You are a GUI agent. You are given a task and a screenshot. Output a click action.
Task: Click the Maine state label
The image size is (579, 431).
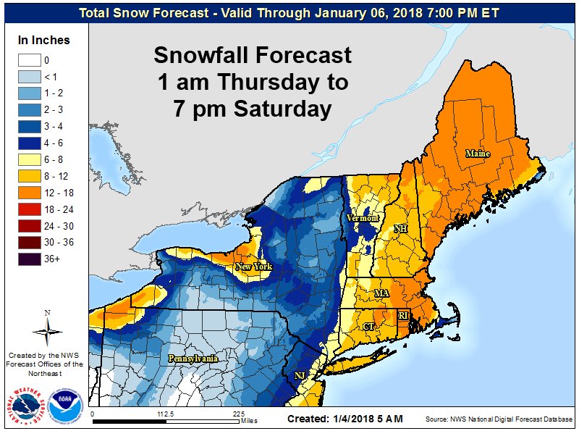coord(478,154)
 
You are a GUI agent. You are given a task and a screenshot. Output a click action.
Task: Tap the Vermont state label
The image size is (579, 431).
coord(363,218)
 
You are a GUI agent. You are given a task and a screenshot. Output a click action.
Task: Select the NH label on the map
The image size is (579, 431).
coord(400,229)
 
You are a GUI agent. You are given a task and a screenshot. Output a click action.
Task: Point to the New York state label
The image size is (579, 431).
coord(253,267)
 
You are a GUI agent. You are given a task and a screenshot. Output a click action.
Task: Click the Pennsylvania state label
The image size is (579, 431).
coord(193,359)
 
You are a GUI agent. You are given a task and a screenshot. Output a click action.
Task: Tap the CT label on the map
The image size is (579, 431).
coord(369,327)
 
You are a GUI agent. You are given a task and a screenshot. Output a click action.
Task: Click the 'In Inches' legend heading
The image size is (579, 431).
coord(43,41)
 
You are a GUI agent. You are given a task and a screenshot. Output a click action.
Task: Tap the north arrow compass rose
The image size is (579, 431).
coord(48,331)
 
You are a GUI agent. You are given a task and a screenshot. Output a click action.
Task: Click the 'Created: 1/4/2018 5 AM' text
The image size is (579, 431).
coord(345,419)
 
